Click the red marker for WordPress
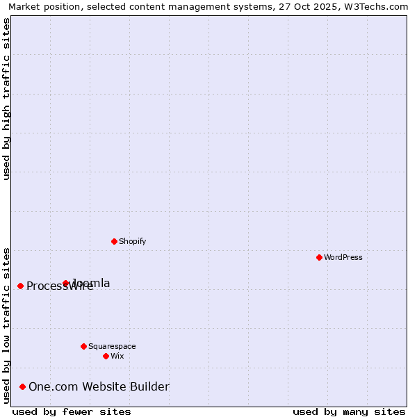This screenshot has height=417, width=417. coord(319,257)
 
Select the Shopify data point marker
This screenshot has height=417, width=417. coord(114,241)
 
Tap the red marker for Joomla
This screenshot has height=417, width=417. coord(66,283)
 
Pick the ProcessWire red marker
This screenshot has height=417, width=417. coord(20,286)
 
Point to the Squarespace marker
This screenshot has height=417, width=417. coord(83,346)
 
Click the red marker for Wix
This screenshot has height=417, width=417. coord(106,356)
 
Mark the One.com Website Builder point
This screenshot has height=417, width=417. coord(23,386)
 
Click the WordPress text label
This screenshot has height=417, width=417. coord(343,257)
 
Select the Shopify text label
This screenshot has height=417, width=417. coord(132,241)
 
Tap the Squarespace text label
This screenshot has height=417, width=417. coord(112,346)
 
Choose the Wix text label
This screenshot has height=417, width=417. coord(117,356)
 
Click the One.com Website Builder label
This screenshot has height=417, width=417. coord(99,386)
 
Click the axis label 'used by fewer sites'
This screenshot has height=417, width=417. coord(72,411)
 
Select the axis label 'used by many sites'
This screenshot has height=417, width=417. coord(349,411)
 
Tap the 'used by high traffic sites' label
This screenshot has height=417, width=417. coord(6,99)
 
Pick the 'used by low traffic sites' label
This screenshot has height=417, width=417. coord(6,325)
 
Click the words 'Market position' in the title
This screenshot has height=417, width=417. coord(42,6)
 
